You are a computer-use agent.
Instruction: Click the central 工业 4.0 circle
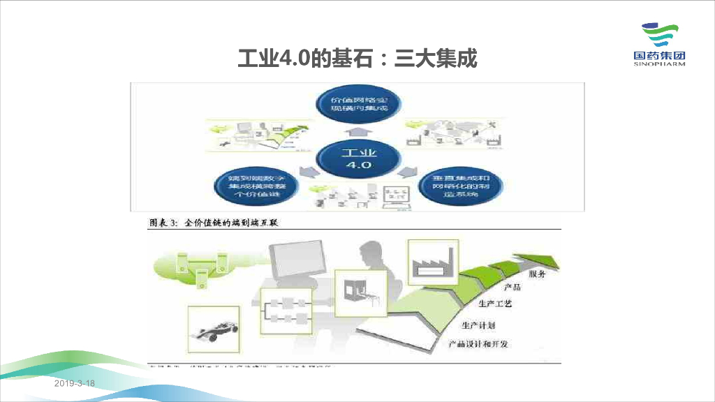pyautogui.click(x=358, y=158)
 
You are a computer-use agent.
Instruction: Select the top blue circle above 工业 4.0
pyautogui.click(x=358, y=105)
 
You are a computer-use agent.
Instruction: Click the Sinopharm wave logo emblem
pyautogui.click(x=659, y=35)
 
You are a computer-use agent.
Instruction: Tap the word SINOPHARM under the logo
pyautogui.click(x=659, y=64)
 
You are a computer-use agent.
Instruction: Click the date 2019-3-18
pyautogui.click(x=74, y=385)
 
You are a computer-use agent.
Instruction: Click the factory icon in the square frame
pyautogui.click(x=433, y=264)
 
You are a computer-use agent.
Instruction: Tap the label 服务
pyautogui.click(x=537, y=274)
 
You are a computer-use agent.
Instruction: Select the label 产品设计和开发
pyautogui.click(x=478, y=344)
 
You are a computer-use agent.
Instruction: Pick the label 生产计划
pyautogui.click(x=479, y=325)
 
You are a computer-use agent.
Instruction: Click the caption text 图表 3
pyautogui.click(x=164, y=223)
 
